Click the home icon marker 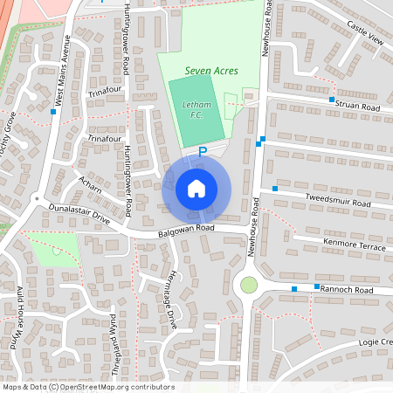[196, 188]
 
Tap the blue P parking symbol [203, 151]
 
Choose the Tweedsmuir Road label [338, 201]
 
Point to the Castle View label [365, 40]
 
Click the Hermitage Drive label [172, 300]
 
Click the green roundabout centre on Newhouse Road [249, 285]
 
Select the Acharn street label [90, 185]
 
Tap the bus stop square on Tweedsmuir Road [275, 189]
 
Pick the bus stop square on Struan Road [332, 100]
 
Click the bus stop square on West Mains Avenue [53, 113]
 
